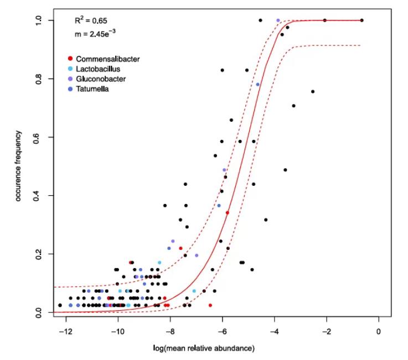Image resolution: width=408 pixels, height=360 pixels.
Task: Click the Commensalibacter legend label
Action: [107, 59]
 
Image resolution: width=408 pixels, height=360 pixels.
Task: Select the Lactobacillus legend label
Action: [98, 69]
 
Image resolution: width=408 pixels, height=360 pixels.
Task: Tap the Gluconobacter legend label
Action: [101, 79]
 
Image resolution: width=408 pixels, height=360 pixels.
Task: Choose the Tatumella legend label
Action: [93, 90]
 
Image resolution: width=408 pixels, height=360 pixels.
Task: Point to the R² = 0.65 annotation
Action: [91, 20]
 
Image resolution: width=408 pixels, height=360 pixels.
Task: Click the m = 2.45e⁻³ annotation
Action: [96, 34]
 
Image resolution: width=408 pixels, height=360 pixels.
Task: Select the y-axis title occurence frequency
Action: [18, 165]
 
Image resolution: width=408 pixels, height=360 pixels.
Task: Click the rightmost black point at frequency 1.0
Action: [361, 20]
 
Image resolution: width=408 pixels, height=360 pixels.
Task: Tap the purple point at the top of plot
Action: [278, 20]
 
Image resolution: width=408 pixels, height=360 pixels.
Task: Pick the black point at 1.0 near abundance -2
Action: [324, 20]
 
